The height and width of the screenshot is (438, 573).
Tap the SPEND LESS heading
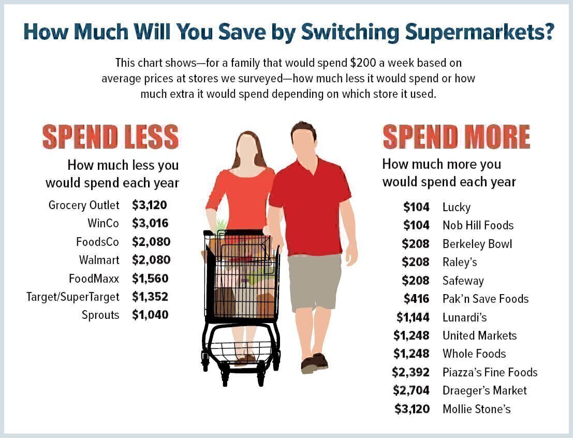110,137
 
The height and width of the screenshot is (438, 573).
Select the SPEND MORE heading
457,137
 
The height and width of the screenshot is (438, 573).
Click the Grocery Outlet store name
84,205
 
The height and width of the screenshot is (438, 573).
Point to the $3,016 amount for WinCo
150,223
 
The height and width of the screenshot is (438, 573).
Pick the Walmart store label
99,260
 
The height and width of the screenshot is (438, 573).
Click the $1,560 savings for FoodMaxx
150,278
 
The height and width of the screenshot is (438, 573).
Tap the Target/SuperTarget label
72,297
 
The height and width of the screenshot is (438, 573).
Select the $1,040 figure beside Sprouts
150,315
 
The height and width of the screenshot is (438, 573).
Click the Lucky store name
457,207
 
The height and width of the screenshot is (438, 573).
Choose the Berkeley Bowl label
477,244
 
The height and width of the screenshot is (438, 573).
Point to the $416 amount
417,299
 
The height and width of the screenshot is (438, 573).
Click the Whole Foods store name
474,354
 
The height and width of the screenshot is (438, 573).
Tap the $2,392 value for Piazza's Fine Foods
411,372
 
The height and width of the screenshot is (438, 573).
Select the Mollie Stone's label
477,409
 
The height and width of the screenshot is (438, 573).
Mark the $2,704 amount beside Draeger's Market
412,390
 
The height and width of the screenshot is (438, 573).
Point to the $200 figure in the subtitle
363,63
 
